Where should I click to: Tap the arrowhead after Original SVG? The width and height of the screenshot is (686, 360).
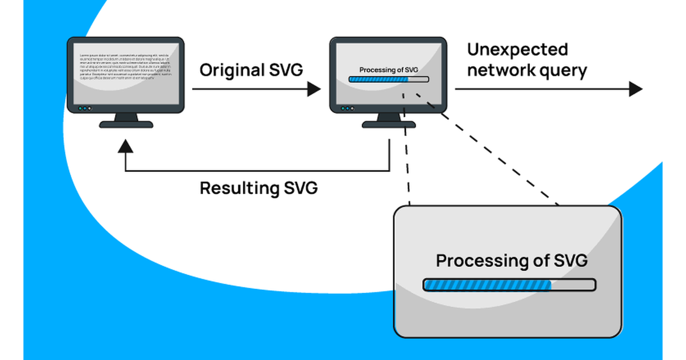(x=314, y=89)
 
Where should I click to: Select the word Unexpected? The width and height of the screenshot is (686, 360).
(x=517, y=50)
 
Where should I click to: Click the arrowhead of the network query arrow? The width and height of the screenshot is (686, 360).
(x=636, y=89)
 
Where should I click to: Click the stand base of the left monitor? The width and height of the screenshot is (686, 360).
(x=126, y=124)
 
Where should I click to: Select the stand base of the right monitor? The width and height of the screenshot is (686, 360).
(x=389, y=124)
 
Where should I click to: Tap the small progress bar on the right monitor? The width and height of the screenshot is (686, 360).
(x=389, y=79)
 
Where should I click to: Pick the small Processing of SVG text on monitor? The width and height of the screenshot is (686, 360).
(x=389, y=70)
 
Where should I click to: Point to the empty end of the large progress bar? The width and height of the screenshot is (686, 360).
(x=573, y=284)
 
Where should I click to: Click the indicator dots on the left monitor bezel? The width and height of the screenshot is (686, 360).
(x=84, y=108)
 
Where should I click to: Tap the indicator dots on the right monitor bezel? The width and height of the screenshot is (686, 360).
(x=347, y=108)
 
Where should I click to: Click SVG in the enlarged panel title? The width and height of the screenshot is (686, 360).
(x=571, y=261)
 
